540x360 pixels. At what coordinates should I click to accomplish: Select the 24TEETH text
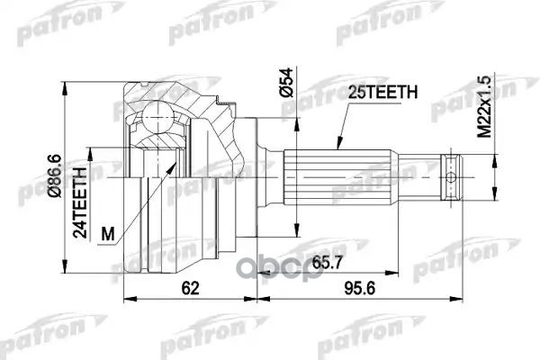pos(82,199)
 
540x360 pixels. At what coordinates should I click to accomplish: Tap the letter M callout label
pos(109,235)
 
